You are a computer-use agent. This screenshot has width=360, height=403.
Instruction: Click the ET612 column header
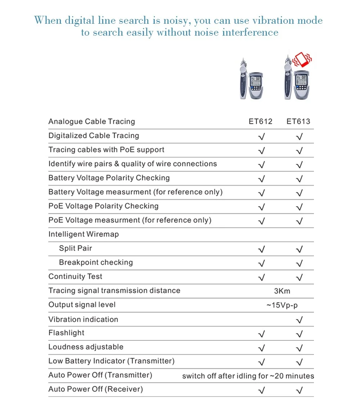(x=260, y=121)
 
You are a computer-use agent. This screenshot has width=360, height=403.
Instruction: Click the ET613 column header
(x=298, y=121)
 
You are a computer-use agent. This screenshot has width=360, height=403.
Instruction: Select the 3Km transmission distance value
(x=282, y=291)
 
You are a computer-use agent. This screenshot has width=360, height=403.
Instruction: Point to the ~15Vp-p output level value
(x=282, y=305)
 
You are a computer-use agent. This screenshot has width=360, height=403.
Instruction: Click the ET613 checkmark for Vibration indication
(x=299, y=320)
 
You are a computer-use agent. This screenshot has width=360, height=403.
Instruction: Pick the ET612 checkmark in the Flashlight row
(x=262, y=334)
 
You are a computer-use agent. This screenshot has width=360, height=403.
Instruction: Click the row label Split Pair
(x=76, y=248)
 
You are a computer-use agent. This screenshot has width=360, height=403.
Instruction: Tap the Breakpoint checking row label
(x=96, y=262)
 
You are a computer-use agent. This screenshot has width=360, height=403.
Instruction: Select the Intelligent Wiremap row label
(x=84, y=234)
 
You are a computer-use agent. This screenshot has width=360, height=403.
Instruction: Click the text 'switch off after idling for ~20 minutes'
(x=248, y=376)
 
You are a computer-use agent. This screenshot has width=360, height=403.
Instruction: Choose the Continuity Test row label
(x=75, y=276)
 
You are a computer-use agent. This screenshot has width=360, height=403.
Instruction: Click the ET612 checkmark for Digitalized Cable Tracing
(x=262, y=137)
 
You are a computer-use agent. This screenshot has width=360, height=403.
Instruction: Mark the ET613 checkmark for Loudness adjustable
(x=299, y=348)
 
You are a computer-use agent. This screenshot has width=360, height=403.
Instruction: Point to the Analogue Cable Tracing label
(x=91, y=121)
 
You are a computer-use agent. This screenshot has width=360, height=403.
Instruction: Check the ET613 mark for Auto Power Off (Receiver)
(x=299, y=390)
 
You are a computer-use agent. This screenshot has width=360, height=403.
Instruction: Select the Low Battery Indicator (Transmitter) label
(x=111, y=361)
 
